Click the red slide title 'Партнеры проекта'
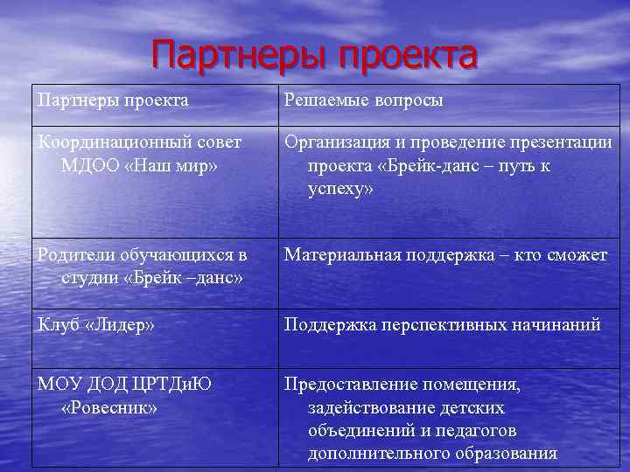point(314,55)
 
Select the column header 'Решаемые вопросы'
point(362,101)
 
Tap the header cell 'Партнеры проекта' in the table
point(113,101)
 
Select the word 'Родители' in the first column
point(73,255)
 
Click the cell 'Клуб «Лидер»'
point(95,325)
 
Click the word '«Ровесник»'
point(109,407)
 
